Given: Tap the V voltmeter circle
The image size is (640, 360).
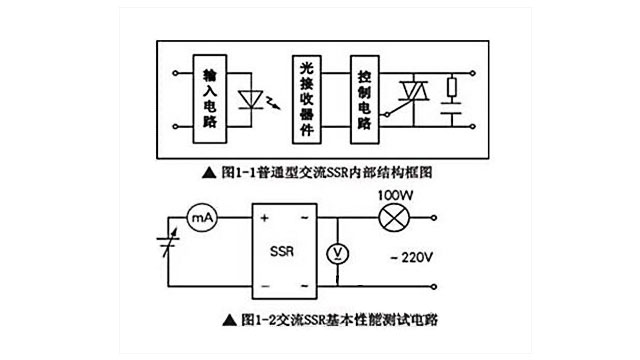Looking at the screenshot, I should tap(337, 254).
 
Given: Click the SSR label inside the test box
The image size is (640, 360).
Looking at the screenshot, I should tap(283, 253).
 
